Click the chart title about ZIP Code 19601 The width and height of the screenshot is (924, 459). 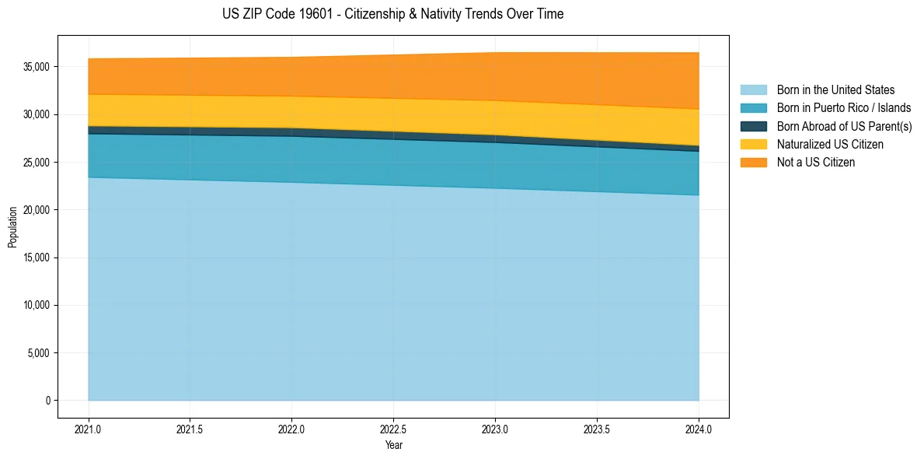click(392, 14)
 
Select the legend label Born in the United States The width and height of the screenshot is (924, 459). click(835, 90)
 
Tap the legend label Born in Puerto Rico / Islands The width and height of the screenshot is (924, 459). click(843, 108)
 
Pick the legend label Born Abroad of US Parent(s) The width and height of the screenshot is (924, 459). click(844, 126)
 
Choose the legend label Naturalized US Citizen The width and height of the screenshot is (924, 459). click(830, 144)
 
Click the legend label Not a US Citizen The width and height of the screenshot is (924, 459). click(815, 162)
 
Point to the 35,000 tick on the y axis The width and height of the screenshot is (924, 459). click(37, 67)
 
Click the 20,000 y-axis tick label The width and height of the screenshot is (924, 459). click(37, 210)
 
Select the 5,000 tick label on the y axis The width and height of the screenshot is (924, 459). click(39, 353)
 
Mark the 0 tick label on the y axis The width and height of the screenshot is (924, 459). click(47, 401)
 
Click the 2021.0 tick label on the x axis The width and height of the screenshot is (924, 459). click(89, 429)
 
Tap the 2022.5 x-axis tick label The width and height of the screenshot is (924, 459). click(393, 429)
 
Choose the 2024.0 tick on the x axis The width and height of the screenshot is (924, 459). click(699, 429)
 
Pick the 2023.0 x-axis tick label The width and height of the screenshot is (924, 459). click(495, 429)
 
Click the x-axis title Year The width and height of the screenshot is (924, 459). click(393, 445)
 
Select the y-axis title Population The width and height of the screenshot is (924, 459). click(12, 226)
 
